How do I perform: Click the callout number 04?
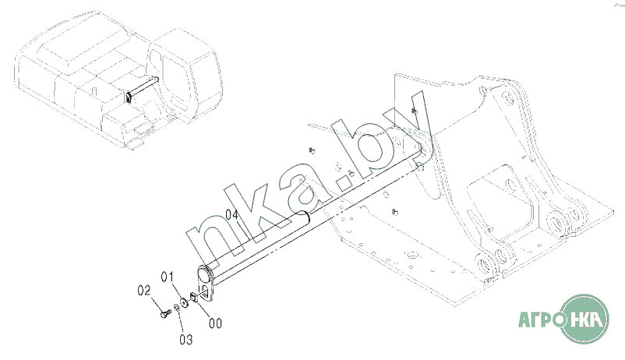coord(232,214)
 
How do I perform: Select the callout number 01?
coord(168,277)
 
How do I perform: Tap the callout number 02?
coord(144,290)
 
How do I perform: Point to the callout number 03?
coord(185,340)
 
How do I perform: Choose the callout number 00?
coord(215,323)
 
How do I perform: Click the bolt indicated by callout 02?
coord(165,314)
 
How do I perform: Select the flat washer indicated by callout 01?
coord(184,302)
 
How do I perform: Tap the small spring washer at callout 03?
coord(176,308)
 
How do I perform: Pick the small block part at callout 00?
coord(193,298)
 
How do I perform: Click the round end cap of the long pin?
coord(205,274)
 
